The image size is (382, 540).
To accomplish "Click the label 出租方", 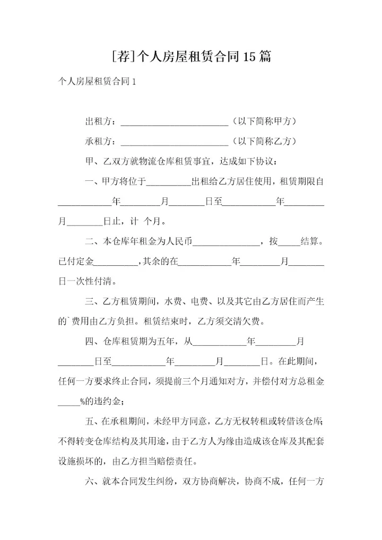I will click(99, 121).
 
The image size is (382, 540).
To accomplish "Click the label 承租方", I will click(99, 142).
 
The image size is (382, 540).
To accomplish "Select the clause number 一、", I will click(93, 181).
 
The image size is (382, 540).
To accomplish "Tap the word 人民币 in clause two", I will click(180, 241).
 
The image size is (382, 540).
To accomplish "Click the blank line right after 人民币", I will click(225, 243).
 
